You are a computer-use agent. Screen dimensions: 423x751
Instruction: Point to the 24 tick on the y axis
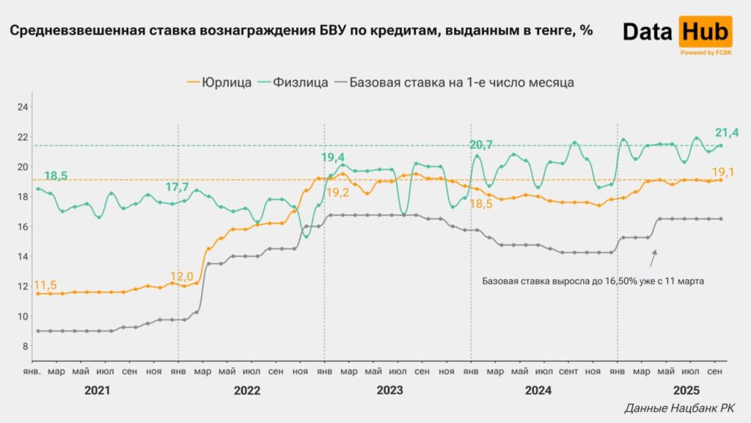coord(22,107)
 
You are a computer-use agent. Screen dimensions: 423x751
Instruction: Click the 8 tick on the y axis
coord(24,346)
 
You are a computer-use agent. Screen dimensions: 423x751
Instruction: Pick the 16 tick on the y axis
coord(22,226)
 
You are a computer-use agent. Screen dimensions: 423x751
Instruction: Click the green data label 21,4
coord(726,133)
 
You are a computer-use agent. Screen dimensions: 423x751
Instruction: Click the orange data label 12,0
coord(182,276)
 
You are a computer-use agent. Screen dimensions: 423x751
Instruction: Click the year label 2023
coord(389,391)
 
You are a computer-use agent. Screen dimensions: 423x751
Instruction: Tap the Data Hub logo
coord(677,34)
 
